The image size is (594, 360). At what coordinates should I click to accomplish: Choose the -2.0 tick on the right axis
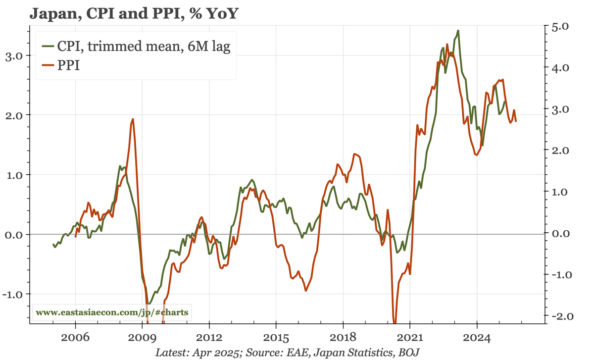click(559, 316)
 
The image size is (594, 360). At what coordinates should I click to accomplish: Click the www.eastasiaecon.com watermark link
click(112, 313)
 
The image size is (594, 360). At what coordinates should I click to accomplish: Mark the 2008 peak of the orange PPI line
click(133, 119)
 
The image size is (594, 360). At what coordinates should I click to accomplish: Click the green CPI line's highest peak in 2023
click(458, 31)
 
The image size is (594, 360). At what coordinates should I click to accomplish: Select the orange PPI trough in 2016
click(306, 291)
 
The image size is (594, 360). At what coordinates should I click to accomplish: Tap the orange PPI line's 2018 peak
click(354, 154)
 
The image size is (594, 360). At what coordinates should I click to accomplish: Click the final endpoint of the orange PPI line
click(516, 121)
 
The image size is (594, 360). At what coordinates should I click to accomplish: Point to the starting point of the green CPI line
click(53, 245)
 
